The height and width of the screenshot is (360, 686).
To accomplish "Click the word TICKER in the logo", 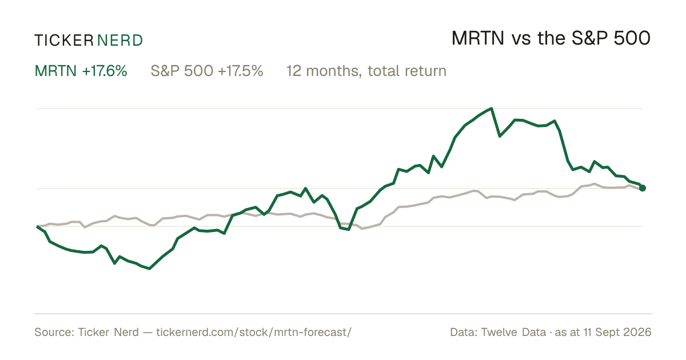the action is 64,41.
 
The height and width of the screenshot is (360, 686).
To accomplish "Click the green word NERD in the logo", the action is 119,41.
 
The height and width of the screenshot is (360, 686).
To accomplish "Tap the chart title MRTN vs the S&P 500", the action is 551,39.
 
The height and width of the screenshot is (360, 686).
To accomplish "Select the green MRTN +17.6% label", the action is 81,71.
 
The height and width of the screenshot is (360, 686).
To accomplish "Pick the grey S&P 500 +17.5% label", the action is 207,71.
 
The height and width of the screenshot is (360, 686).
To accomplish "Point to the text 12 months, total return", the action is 366,71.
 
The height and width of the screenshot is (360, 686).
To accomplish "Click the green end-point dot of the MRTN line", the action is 643,188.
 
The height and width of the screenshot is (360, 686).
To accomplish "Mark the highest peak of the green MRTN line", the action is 492,108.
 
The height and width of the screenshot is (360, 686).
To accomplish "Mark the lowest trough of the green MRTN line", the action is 149,269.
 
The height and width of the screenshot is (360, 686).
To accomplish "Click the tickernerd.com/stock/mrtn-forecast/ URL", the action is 254,332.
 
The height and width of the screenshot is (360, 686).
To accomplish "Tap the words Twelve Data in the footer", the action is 513,332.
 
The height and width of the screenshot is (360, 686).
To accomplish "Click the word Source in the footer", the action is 53,332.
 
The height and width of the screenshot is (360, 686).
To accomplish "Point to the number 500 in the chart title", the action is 632,39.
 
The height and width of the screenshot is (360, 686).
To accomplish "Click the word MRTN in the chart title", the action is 478,39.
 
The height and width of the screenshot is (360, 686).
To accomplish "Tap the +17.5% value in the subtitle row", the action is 241,71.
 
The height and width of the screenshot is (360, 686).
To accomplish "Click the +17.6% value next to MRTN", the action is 105,71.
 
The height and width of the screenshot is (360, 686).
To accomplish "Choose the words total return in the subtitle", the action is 407,71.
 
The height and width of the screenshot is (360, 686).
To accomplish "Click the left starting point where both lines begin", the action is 37,226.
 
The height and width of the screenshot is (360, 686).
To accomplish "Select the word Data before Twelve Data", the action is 463,332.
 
